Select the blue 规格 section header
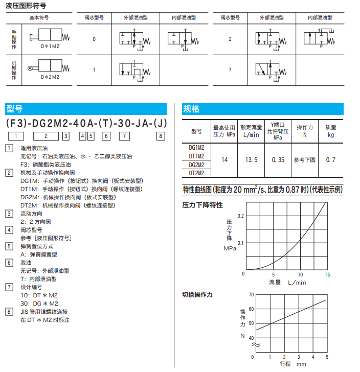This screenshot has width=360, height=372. pyautogui.click(x=191, y=109)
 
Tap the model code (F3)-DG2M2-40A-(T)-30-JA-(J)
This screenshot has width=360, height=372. pyautogui.click(x=86, y=124)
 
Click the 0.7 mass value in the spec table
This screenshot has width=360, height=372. pyautogui.click(x=331, y=160)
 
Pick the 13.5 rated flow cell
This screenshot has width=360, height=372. pyautogui.click(x=252, y=160)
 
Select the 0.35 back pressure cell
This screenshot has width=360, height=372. pyautogui.click(x=278, y=160)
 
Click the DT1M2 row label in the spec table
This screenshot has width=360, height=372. pyautogui.click(x=196, y=156)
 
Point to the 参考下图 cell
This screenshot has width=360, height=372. pyautogui.click(x=305, y=160)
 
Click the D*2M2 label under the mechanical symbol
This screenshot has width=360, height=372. pyautogui.click(x=50, y=77)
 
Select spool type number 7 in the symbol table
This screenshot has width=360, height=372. pyautogui.click(x=230, y=69)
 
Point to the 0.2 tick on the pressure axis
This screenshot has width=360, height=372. pyautogui.click(x=241, y=216)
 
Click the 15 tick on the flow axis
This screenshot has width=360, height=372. pyautogui.click(x=327, y=275)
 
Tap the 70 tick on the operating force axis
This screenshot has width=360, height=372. pyautogui.click(x=251, y=295)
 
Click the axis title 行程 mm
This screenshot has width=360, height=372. pyautogui.click(x=292, y=364)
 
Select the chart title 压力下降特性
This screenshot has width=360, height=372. pyautogui.click(x=202, y=205)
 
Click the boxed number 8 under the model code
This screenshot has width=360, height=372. pyautogui.click(x=161, y=136)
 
